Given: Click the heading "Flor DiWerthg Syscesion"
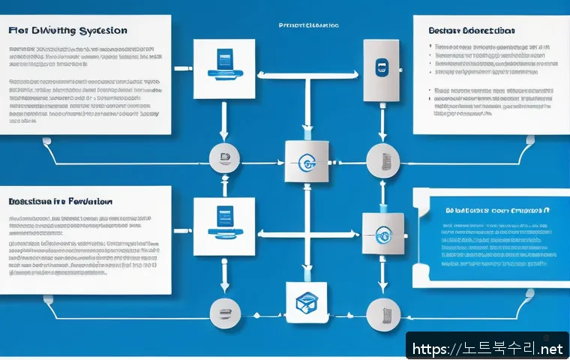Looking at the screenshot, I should pyautogui.click(x=68, y=31).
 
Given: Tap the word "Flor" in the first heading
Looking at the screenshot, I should pyautogui.click(x=19, y=31).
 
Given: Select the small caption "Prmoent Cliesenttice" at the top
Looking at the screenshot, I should pyautogui.click(x=309, y=25).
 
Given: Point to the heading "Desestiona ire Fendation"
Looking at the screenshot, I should pyautogui.click(x=61, y=202).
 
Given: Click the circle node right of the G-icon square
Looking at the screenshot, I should pyautogui.click(x=379, y=160).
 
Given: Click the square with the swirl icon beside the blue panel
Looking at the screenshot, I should pyautogui.click(x=383, y=233).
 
